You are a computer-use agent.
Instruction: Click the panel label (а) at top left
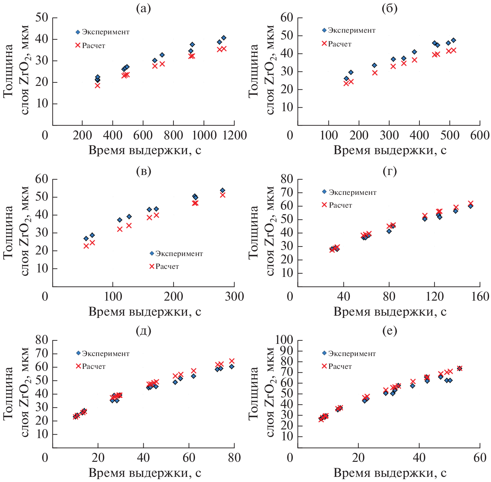(x=143, y=9)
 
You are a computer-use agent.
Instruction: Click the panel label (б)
(x=390, y=9)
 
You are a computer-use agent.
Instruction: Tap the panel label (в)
(x=143, y=171)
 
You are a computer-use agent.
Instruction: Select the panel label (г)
(x=390, y=171)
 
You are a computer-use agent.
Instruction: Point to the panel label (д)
(x=143, y=330)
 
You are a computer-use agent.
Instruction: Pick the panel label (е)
(x=390, y=330)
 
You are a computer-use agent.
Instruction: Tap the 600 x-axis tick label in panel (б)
(x=480, y=135)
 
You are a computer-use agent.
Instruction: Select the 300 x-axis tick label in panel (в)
(x=234, y=296)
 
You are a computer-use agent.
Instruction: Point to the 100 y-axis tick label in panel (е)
(x=282, y=340)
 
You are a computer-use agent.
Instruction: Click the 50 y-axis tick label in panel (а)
(x=42, y=18)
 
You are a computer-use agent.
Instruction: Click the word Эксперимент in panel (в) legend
(x=179, y=254)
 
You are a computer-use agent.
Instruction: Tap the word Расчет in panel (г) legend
(x=341, y=205)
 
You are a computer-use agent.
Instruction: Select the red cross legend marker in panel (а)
(x=78, y=46)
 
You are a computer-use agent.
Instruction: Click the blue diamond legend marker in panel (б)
(x=324, y=30)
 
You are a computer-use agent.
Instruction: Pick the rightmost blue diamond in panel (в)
(x=223, y=190)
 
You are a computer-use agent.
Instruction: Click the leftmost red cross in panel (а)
(x=97, y=86)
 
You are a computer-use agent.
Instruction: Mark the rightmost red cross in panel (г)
(x=471, y=204)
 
